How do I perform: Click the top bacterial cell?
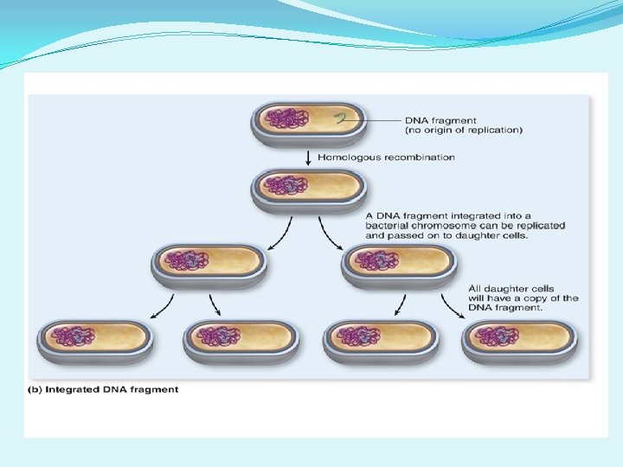pyautogui.click(x=308, y=121)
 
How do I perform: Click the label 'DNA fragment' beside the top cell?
pyautogui.click(x=440, y=120)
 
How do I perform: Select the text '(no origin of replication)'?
pyautogui.click(x=463, y=131)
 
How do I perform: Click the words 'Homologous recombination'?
pyautogui.click(x=386, y=157)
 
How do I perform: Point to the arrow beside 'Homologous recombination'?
pyautogui.click(x=308, y=157)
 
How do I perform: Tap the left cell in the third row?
pyautogui.click(x=209, y=264)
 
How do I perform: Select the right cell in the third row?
pyautogui.click(x=399, y=264)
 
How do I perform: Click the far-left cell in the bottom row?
pyautogui.click(x=94, y=338)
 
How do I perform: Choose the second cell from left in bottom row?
pyautogui.click(x=241, y=338)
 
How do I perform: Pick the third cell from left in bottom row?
pyautogui.click(x=380, y=338)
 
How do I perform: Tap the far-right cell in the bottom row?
pyautogui.click(x=520, y=338)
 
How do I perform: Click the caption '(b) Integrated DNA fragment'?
pyautogui.click(x=104, y=389)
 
